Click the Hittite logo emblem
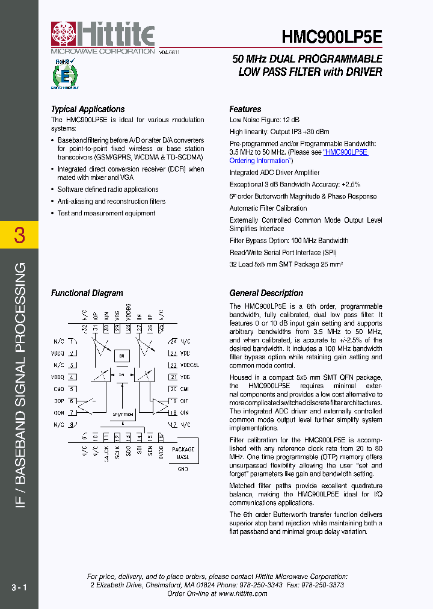coord(64,34)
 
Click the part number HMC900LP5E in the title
coord(331,37)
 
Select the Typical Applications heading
coord(88,109)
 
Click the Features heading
coord(245,109)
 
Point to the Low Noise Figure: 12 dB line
coord(265,120)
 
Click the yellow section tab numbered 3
coord(19,235)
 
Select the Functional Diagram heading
coord(87,293)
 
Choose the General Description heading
coord(266,293)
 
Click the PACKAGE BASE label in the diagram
coord(183,453)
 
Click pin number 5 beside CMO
coord(72,389)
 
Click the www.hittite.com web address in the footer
coord(242,593)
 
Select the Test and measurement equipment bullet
coord(106,213)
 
